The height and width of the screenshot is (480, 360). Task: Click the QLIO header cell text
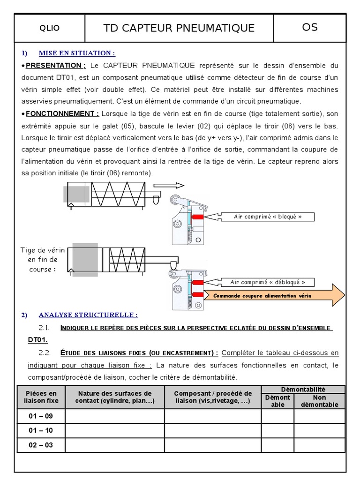click(x=49, y=28)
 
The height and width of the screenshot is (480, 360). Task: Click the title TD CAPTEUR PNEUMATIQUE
click(x=179, y=28)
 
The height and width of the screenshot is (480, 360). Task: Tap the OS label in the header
click(x=310, y=27)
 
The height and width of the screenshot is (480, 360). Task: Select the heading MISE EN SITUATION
click(x=76, y=53)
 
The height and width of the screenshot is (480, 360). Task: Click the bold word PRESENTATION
click(x=59, y=65)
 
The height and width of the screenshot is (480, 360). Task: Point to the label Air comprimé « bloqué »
click(x=267, y=217)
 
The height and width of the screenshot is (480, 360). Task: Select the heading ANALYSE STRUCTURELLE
click(x=88, y=315)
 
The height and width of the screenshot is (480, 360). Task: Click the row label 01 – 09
click(x=41, y=416)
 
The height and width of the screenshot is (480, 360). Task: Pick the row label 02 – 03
click(x=41, y=445)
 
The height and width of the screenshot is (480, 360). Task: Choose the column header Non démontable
click(x=319, y=401)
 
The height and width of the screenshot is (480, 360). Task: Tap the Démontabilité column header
click(x=303, y=389)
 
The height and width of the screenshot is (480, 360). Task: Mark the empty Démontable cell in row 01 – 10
click(x=277, y=430)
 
